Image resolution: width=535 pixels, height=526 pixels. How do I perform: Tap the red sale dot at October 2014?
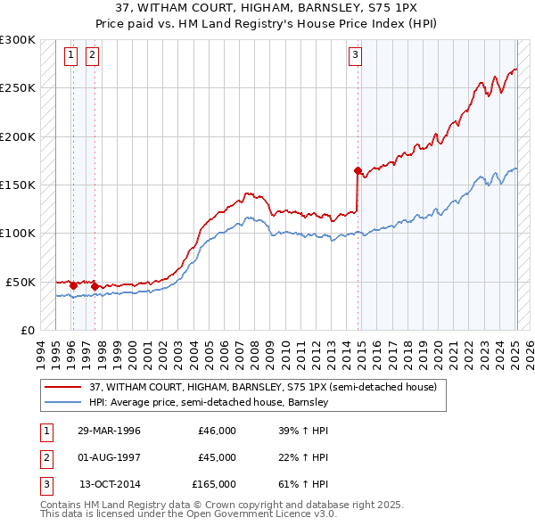(358, 170)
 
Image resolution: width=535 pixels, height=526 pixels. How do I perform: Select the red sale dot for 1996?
(74, 285)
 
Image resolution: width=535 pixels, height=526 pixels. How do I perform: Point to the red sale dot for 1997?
(95, 286)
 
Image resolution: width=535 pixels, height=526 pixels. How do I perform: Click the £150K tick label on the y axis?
(18, 185)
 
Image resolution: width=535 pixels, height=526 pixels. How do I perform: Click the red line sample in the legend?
(63, 387)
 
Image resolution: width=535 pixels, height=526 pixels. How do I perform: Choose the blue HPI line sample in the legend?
(63, 402)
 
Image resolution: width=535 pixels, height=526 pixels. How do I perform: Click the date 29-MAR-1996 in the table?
(109, 431)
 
